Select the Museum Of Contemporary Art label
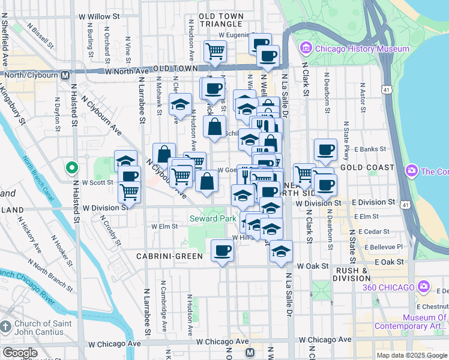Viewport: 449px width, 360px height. (411, 322)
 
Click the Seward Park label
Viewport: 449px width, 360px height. (212, 219)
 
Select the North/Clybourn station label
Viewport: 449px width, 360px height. (37, 75)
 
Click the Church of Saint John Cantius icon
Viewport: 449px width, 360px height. (5, 327)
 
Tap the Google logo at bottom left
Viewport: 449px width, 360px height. (20, 353)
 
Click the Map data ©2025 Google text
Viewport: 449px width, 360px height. (412, 355)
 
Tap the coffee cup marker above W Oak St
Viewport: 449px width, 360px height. (222, 250)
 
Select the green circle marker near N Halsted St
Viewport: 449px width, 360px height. (71, 167)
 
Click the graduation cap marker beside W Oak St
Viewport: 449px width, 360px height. (280, 251)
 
